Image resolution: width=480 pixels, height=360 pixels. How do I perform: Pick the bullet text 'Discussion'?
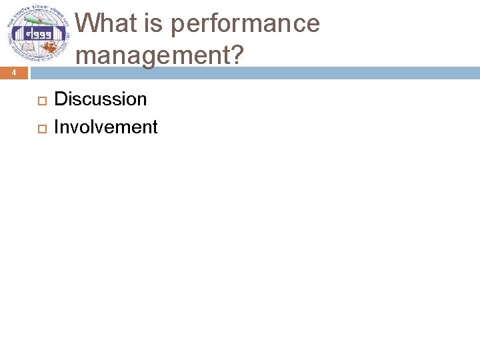[100, 99]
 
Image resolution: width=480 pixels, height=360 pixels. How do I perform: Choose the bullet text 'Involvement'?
[105, 127]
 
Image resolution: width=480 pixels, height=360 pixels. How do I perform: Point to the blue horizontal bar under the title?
[267, 72]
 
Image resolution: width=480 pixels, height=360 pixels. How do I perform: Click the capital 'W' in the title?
[90, 24]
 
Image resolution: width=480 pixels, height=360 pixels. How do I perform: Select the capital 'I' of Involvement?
[56, 127]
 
